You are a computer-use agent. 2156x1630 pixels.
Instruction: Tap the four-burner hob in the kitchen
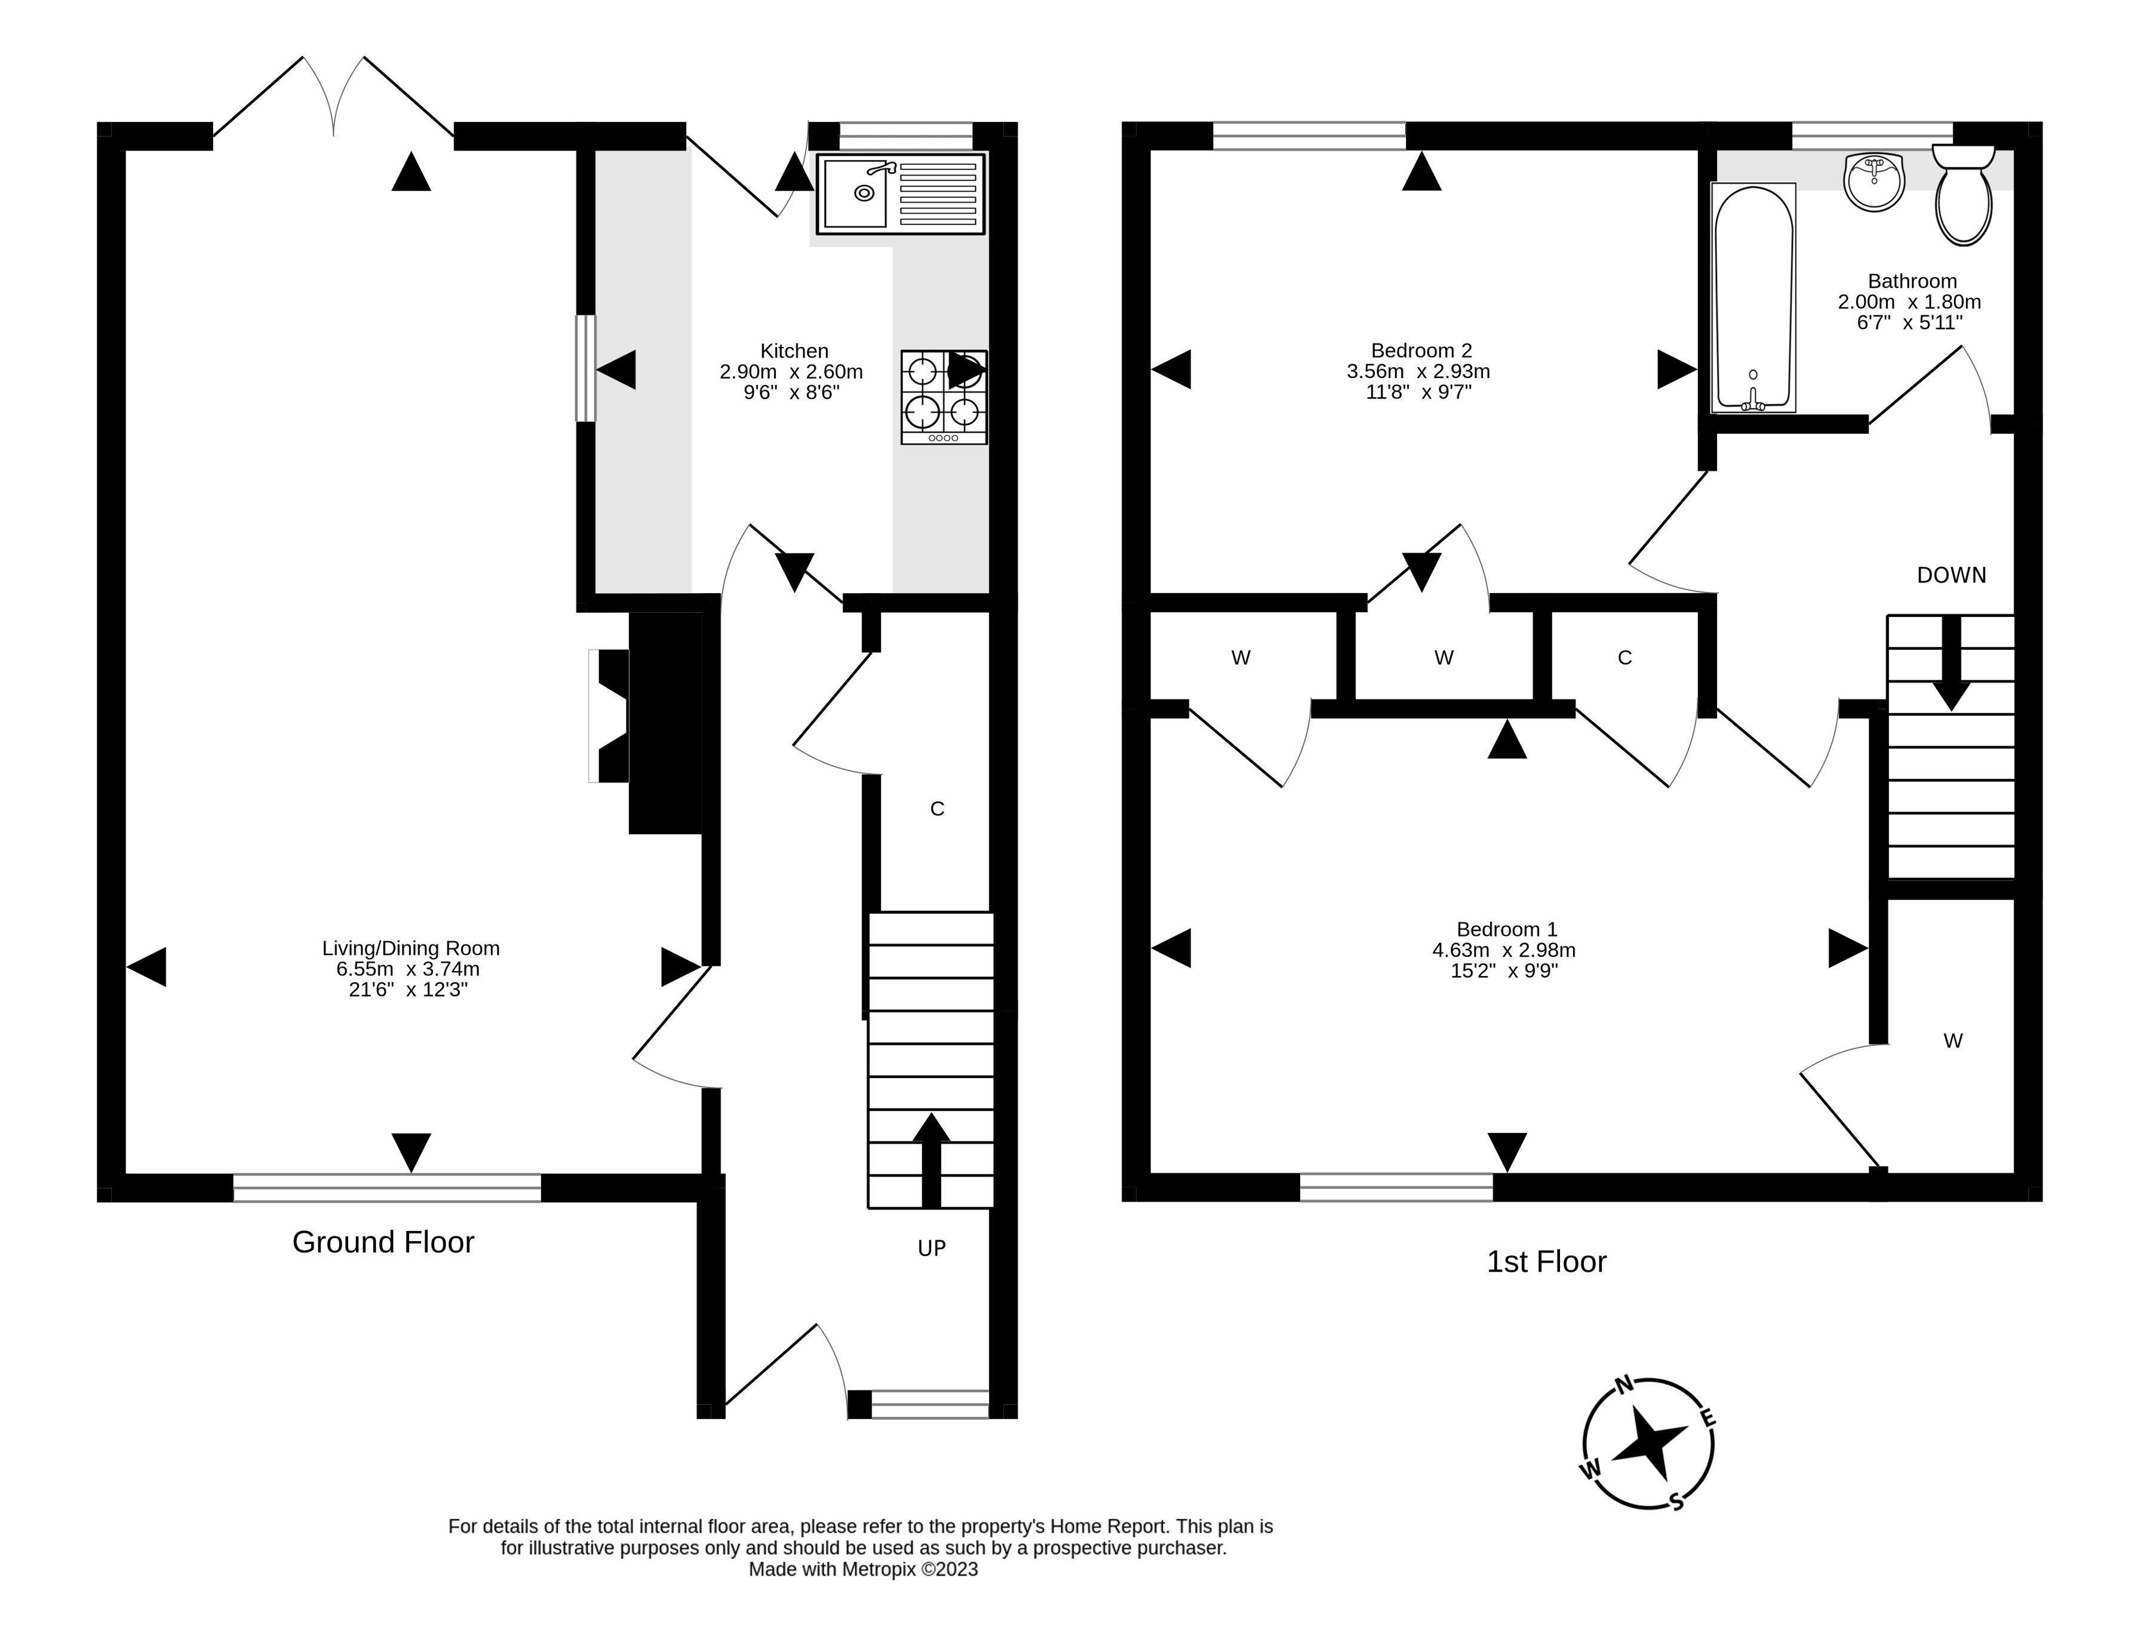point(944,398)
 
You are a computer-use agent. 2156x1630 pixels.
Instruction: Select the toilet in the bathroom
point(1964,195)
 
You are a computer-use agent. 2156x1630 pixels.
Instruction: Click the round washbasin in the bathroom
point(1874,182)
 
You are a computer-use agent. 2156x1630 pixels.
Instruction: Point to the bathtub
point(1752,297)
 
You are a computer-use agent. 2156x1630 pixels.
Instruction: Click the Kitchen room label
point(794,351)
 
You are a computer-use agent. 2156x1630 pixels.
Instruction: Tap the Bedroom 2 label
point(1421,351)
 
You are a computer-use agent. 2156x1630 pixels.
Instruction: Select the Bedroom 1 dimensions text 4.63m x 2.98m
point(1504,950)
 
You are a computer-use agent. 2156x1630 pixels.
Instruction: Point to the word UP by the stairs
point(932,1249)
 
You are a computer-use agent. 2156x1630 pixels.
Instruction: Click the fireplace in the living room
point(645,722)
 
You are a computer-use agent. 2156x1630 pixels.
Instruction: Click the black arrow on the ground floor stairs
point(931,1160)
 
